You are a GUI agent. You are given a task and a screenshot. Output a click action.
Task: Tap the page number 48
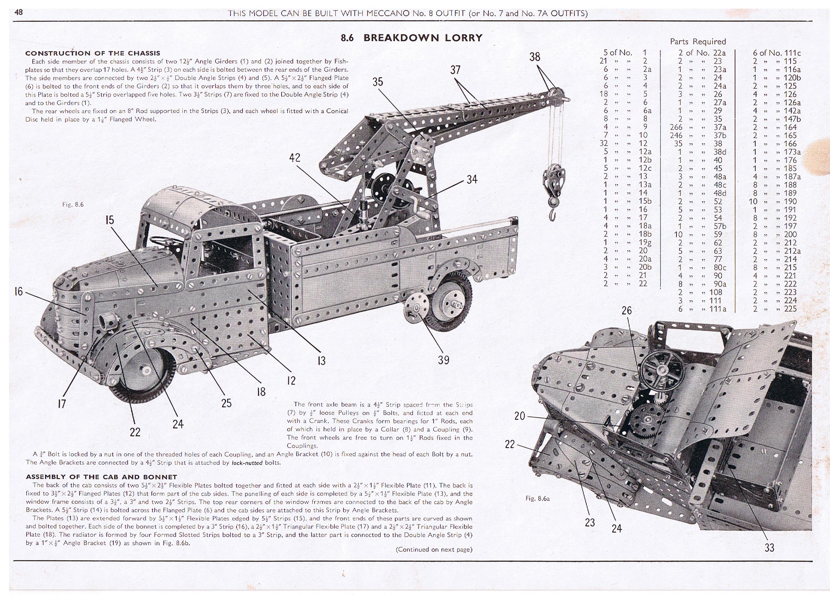[x=18, y=12]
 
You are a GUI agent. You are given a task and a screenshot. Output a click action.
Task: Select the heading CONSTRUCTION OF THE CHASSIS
[x=93, y=53]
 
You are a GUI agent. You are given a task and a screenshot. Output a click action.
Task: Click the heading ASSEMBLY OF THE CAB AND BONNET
[x=101, y=477]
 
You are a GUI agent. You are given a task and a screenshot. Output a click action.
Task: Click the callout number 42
[x=295, y=158]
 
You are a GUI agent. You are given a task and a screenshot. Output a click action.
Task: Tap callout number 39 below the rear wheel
[x=443, y=360]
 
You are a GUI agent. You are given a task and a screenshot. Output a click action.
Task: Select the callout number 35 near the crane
[x=378, y=81]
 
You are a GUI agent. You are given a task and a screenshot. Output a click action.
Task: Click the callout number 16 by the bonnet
[x=18, y=291]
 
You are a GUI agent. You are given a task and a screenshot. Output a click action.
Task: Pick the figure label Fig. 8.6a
[x=538, y=499]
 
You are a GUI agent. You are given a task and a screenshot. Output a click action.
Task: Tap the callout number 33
[x=769, y=548]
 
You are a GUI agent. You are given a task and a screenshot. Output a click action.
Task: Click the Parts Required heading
[x=698, y=42]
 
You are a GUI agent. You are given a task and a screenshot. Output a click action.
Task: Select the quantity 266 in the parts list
[x=676, y=128]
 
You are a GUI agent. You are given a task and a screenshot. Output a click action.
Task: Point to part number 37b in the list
[x=720, y=135]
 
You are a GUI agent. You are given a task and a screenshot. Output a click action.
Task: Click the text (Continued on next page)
[x=434, y=549]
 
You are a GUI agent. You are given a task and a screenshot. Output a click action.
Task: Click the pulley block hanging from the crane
[x=549, y=186]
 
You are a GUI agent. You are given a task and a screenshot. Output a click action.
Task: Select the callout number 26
[x=627, y=311]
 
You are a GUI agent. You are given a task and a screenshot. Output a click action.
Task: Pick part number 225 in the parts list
[x=790, y=309]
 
